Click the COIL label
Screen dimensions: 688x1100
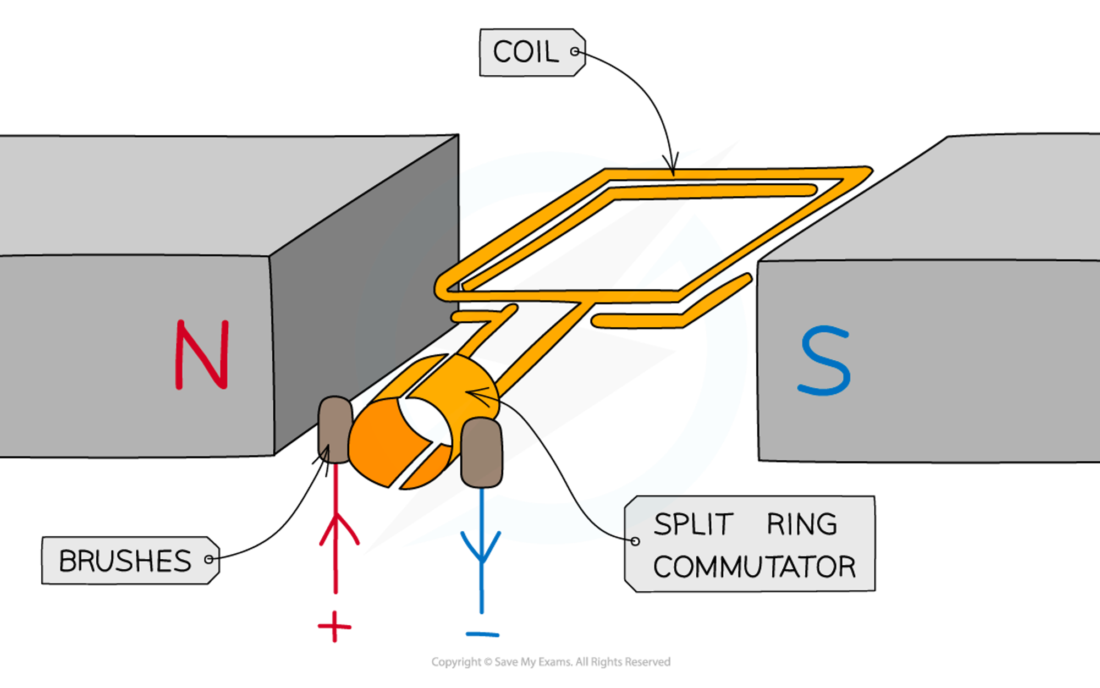pos(526,52)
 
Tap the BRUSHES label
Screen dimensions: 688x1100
pos(125,561)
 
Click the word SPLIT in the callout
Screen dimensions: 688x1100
pos(693,524)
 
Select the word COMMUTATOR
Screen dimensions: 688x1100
pos(754,567)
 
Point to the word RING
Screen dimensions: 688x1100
pos(801,524)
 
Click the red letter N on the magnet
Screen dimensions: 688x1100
pos(202,355)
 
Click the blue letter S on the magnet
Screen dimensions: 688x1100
pos(824,361)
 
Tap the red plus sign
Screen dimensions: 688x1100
pos(334,626)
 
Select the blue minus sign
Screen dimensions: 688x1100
pos(482,635)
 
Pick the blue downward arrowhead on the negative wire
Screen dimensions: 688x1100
pos(481,547)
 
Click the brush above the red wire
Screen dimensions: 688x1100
pos(334,429)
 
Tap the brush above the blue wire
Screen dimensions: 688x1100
pos(481,452)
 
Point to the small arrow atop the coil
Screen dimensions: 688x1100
pos(672,165)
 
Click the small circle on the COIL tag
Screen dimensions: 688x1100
pos(575,52)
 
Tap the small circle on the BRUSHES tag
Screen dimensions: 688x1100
pos(208,559)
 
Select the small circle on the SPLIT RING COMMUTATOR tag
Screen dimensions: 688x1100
pos(635,541)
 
